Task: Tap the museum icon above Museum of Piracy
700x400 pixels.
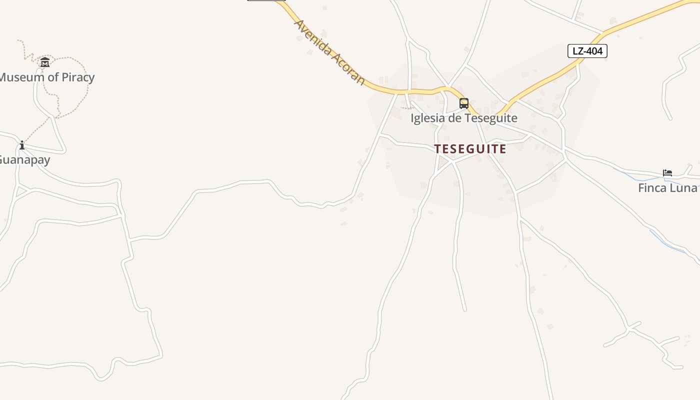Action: (45, 62)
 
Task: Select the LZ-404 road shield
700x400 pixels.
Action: (587, 51)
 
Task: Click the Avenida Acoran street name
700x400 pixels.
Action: (329, 52)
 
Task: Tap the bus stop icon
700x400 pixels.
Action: (464, 103)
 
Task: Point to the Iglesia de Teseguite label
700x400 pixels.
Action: (464, 118)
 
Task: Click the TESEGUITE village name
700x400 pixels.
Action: (470, 149)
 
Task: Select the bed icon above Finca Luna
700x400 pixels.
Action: (667, 173)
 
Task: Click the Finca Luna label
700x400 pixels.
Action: (668, 188)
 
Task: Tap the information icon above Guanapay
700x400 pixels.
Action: (22, 145)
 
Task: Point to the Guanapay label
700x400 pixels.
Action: (24, 160)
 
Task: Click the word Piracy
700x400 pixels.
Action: (77, 77)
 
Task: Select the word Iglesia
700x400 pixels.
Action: (426, 118)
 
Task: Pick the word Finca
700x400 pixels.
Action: (651, 188)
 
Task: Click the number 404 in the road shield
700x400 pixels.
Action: (595, 51)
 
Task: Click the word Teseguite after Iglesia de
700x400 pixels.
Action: (490, 118)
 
